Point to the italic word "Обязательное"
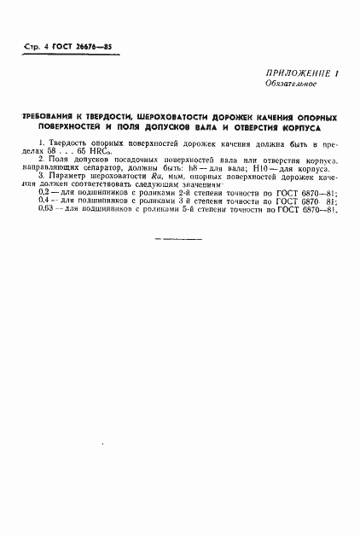point(288,85)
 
